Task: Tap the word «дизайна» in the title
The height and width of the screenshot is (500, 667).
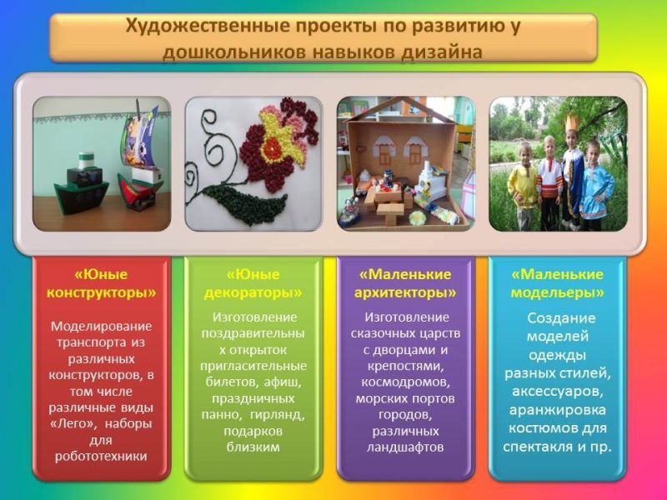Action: [441, 52]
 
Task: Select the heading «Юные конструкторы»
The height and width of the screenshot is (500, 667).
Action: [101, 283]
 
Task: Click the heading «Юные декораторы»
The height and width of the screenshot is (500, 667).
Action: [253, 283]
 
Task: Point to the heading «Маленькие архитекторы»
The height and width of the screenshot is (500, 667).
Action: [405, 283]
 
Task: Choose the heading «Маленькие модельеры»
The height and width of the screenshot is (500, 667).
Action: [557, 283]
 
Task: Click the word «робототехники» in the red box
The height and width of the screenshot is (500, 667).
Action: [101, 456]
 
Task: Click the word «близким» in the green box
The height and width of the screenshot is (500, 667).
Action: [253, 447]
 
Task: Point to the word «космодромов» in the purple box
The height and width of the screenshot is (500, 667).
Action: [405, 382]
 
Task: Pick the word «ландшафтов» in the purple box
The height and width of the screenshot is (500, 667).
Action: [405, 447]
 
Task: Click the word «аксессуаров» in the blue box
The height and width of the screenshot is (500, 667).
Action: [557, 392]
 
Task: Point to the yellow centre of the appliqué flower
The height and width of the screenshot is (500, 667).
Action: [273, 144]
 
